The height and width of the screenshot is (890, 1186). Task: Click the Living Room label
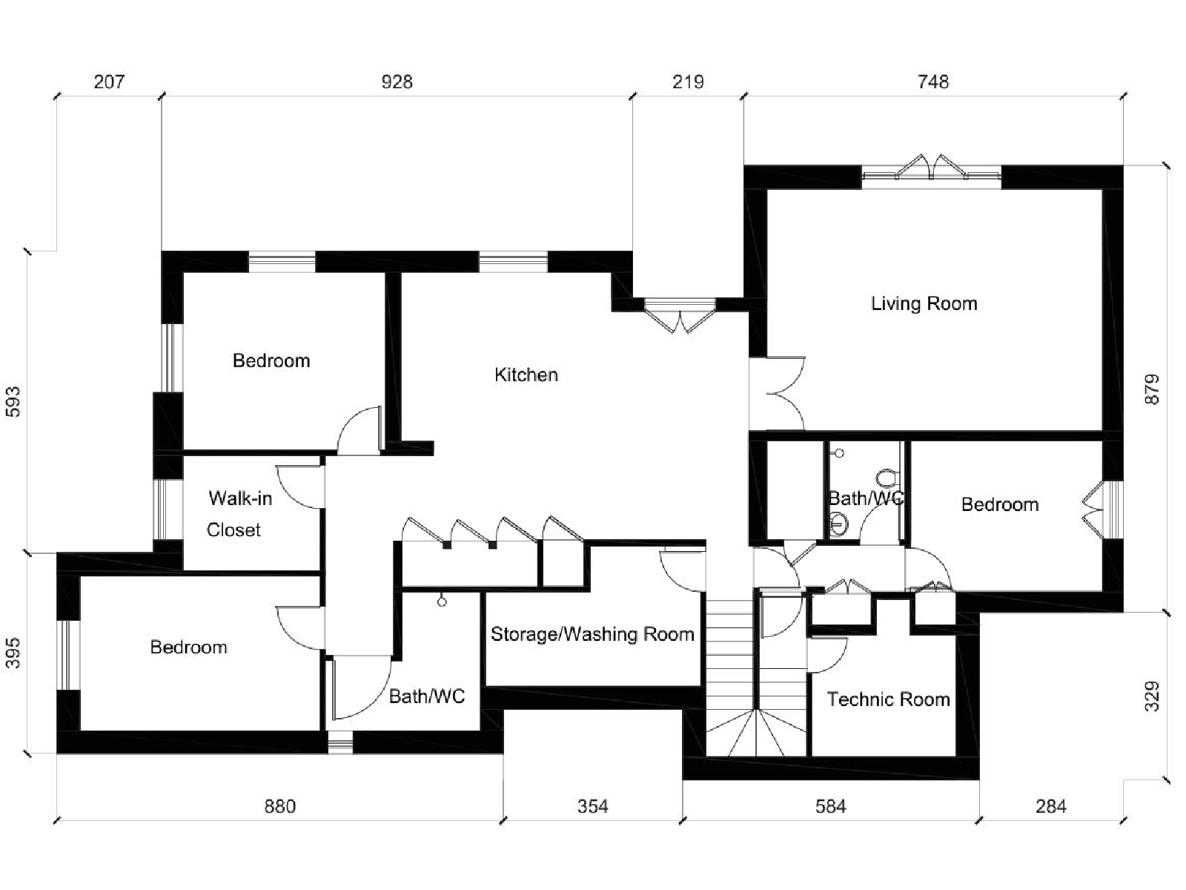click(924, 303)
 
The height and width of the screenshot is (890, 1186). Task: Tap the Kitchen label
click(526, 375)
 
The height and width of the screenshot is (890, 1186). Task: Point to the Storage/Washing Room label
click(592, 634)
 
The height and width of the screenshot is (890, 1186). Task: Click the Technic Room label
click(888, 699)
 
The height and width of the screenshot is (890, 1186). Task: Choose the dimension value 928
click(397, 82)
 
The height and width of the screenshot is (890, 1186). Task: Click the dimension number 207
click(109, 82)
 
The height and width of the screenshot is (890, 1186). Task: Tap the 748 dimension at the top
click(933, 82)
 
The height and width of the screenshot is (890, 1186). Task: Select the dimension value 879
click(1153, 389)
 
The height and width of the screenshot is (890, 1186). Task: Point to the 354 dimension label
click(593, 807)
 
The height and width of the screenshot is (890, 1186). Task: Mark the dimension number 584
click(830, 807)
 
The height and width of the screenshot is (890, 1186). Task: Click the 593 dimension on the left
click(13, 402)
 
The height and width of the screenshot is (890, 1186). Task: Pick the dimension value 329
click(1153, 696)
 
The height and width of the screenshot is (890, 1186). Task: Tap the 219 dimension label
click(688, 82)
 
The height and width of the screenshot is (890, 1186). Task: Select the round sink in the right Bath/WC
click(838, 523)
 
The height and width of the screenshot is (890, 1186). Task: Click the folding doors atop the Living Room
click(930, 168)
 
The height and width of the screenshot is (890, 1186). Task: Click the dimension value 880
click(280, 807)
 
